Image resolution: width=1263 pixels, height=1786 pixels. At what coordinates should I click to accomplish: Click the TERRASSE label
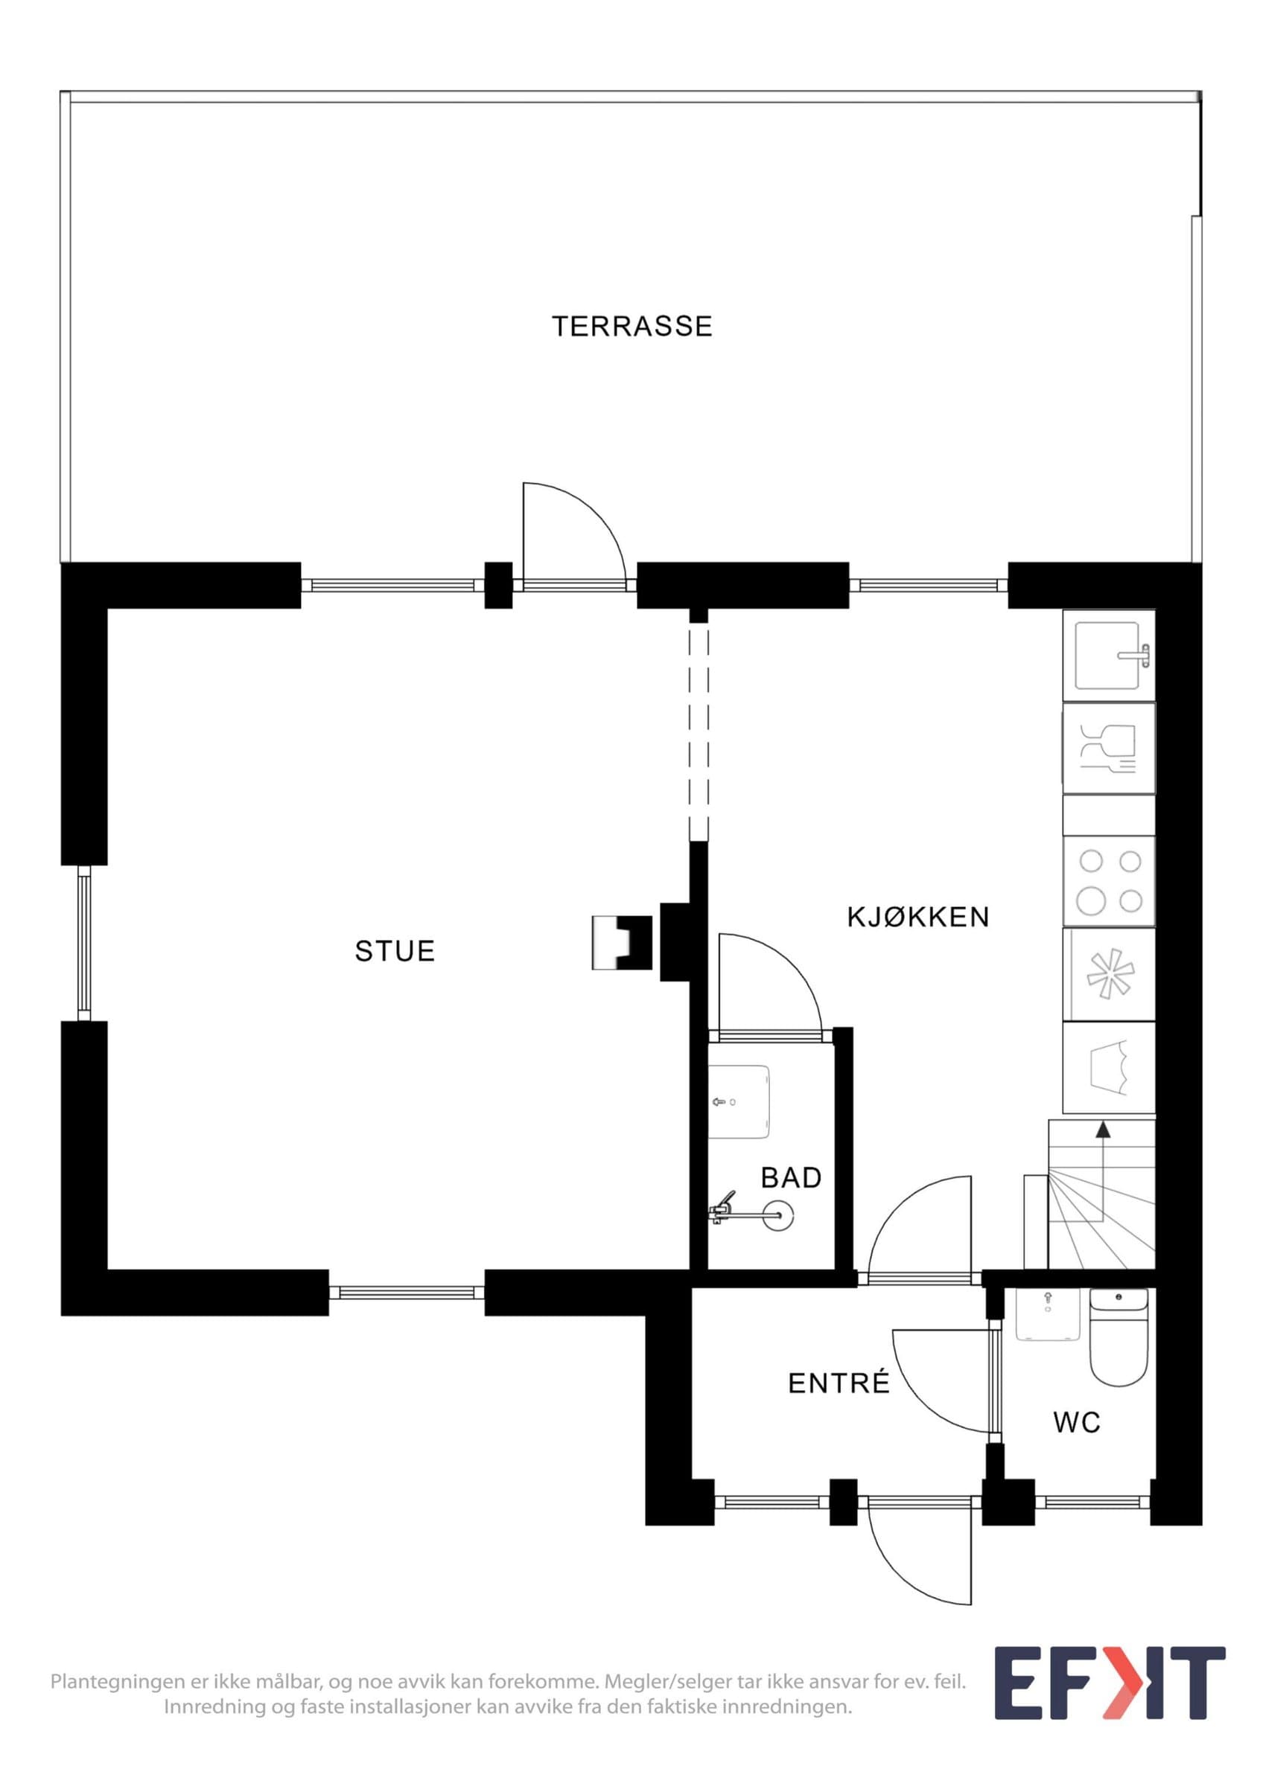pyautogui.click(x=632, y=326)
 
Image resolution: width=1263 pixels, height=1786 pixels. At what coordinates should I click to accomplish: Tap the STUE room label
pyautogui.click(x=395, y=950)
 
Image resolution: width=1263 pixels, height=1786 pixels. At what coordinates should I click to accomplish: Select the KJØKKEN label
pyautogui.click(x=917, y=917)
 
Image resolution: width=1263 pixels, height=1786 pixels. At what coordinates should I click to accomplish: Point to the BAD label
pyautogui.click(x=792, y=1178)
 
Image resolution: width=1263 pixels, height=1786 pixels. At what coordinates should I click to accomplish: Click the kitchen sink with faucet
pyautogui.click(x=1109, y=656)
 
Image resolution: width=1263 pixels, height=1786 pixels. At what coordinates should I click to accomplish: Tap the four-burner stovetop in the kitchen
pyautogui.click(x=1109, y=881)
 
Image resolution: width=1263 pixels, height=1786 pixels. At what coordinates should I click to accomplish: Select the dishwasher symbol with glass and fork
pyautogui.click(x=1109, y=749)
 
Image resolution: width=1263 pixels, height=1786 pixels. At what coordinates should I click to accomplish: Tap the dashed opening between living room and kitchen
pyautogui.click(x=699, y=732)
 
